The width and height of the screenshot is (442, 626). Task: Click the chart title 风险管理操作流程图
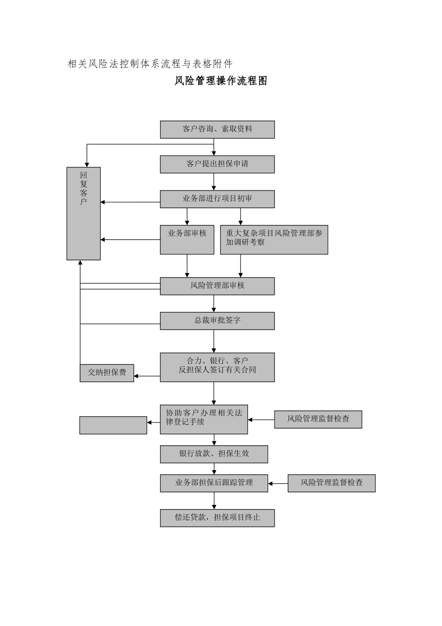[x=221, y=81]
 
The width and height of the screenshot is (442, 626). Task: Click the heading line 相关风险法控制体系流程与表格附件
[x=150, y=64]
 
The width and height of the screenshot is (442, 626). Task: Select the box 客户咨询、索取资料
[x=217, y=129]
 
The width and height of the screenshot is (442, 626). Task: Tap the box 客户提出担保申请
[x=217, y=164]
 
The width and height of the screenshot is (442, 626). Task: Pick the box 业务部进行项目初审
[x=217, y=199]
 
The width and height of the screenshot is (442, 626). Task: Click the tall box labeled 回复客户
[x=84, y=213]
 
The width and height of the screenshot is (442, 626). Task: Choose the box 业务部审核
[x=187, y=240]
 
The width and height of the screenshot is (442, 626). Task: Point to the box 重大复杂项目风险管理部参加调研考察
[x=274, y=240]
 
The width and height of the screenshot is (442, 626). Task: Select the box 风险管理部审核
[x=217, y=286]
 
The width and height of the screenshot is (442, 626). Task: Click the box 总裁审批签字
[x=217, y=321]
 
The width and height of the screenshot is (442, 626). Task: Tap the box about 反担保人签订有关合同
[x=217, y=367]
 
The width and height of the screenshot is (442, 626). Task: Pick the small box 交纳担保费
[x=107, y=373]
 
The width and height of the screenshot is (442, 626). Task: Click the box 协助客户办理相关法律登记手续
[x=204, y=419]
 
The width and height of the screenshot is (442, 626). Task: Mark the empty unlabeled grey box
[x=113, y=425]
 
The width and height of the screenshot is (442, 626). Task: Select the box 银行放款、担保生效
[x=214, y=454]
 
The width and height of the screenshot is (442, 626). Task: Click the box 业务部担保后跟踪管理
[x=214, y=483]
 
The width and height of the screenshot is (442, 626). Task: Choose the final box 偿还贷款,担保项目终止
[x=217, y=518]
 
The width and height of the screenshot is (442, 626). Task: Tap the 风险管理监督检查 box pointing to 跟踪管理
[x=331, y=483]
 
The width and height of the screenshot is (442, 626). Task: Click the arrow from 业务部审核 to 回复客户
[x=130, y=239]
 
